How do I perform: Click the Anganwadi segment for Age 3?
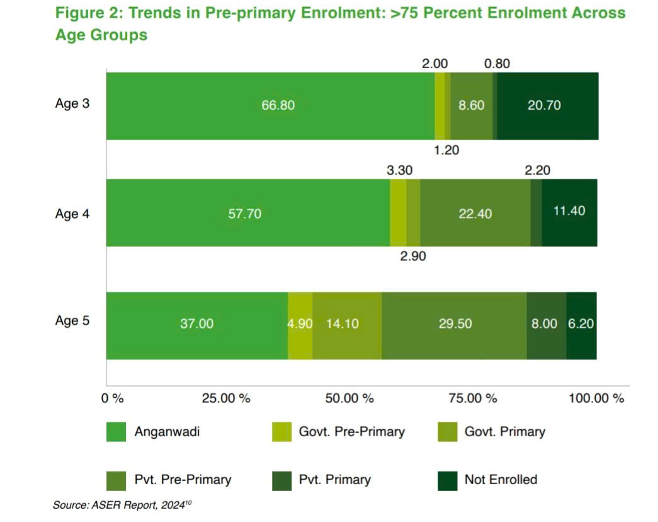pos(270,105)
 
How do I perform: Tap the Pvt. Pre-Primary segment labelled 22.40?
pos(475,213)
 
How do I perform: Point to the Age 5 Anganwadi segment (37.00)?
pos(197,324)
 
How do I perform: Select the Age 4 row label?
pos(72,214)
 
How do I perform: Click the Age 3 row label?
pos(72,104)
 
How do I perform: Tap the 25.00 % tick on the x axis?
pos(227,398)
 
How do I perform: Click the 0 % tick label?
pos(113,398)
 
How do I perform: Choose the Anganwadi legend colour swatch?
pos(116,432)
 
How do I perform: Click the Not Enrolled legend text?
pos(501,480)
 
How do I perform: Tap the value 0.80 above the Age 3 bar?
pos(497,63)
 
